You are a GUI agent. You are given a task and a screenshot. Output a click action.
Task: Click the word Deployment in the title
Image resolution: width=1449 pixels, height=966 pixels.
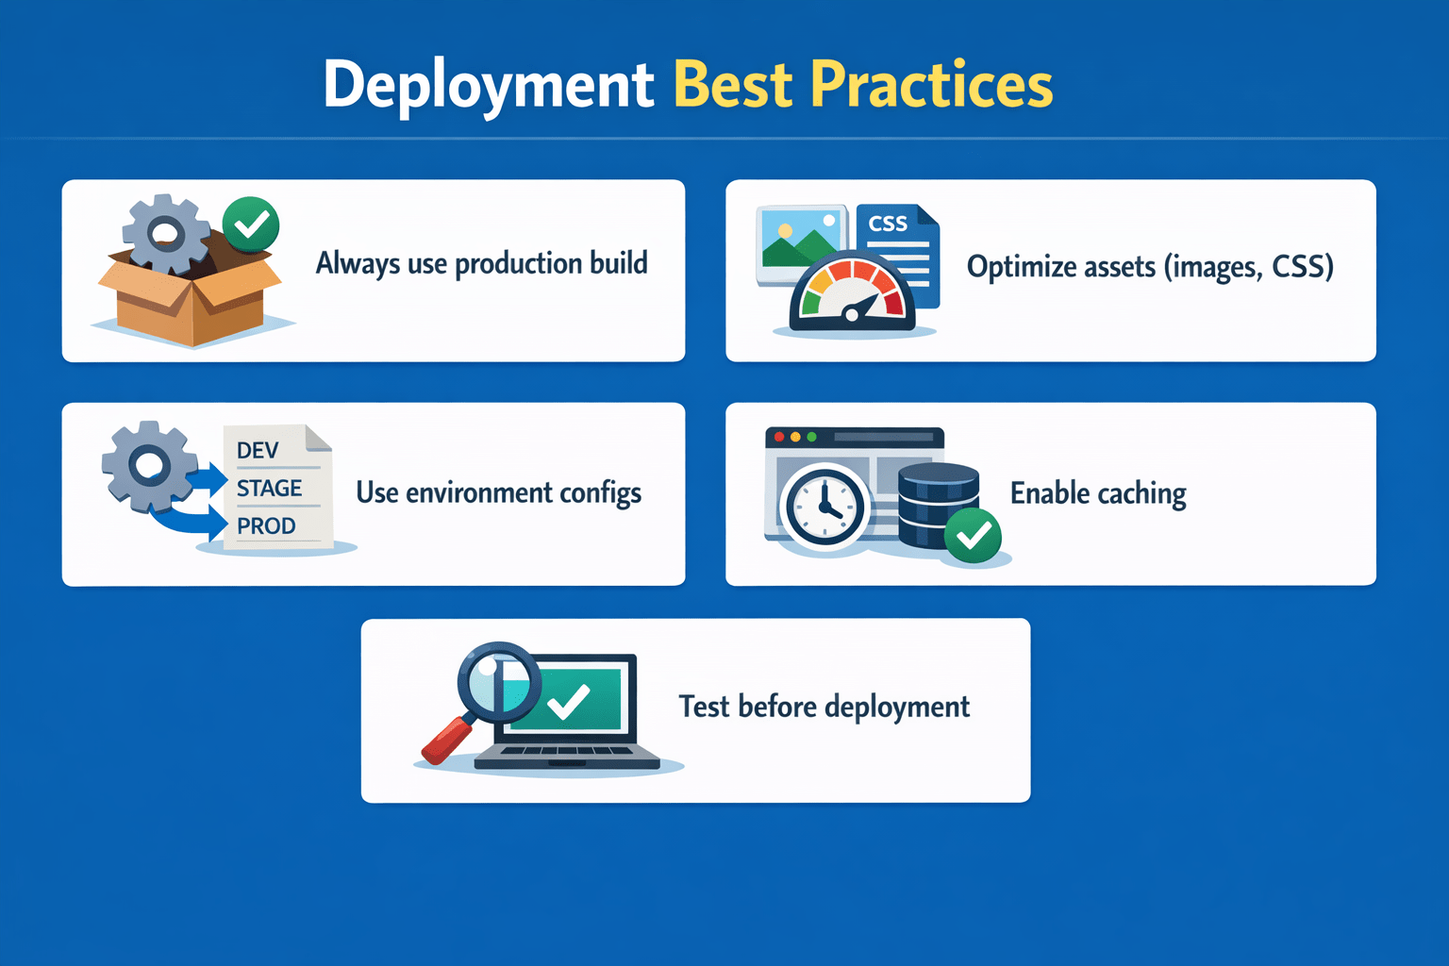(x=489, y=86)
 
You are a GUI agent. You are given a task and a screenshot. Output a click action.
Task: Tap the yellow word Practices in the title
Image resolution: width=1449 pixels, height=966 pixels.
(x=931, y=84)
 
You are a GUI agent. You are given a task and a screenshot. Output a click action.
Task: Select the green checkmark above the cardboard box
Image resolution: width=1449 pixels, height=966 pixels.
(x=250, y=225)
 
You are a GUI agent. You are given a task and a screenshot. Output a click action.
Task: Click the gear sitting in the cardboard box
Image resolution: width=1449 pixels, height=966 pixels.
(x=166, y=233)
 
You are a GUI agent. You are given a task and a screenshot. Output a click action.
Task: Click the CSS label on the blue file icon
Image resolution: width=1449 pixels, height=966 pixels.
(x=888, y=224)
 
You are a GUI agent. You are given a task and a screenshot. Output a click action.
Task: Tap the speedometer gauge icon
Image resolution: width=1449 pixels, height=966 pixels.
(x=853, y=292)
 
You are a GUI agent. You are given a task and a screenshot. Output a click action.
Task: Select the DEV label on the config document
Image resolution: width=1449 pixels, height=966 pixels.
(x=258, y=450)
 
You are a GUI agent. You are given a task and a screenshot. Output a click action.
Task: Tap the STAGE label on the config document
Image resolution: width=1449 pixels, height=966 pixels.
(x=269, y=488)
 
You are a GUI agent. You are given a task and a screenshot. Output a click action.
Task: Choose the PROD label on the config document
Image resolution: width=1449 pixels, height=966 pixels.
(x=266, y=526)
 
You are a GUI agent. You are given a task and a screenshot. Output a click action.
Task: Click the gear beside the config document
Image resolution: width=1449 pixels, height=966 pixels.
(x=150, y=466)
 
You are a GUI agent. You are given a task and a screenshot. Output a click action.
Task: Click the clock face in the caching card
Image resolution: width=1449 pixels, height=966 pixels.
(x=824, y=508)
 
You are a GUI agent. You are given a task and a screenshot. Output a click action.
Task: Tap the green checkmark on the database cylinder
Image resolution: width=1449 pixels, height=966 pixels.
(x=973, y=535)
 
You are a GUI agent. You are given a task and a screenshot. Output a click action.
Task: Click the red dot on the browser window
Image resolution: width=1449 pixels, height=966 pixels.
(x=779, y=438)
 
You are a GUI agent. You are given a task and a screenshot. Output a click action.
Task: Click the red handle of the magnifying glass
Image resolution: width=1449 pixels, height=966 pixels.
(x=449, y=739)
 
